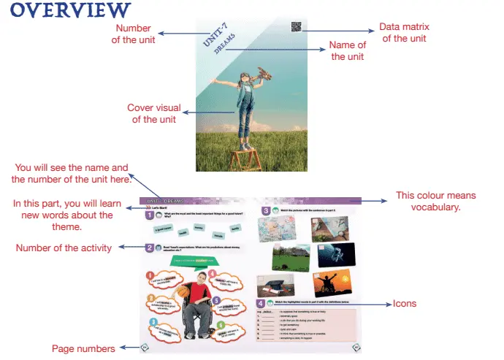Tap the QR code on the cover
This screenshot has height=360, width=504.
coord(296,28)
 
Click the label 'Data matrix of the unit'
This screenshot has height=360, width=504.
coord(404,33)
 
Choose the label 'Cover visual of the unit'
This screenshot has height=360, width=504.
coord(154,114)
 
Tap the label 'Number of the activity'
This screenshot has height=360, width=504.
coord(64,248)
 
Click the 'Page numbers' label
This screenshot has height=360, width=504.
coord(83,349)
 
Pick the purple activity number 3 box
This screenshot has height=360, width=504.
coord(266,211)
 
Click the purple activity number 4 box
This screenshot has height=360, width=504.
coord(261,303)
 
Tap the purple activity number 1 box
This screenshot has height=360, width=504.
coord(148,215)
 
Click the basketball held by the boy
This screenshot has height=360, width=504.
coord(182,291)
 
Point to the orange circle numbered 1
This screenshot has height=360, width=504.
coord(152,275)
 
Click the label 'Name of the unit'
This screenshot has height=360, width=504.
coord(348,50)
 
